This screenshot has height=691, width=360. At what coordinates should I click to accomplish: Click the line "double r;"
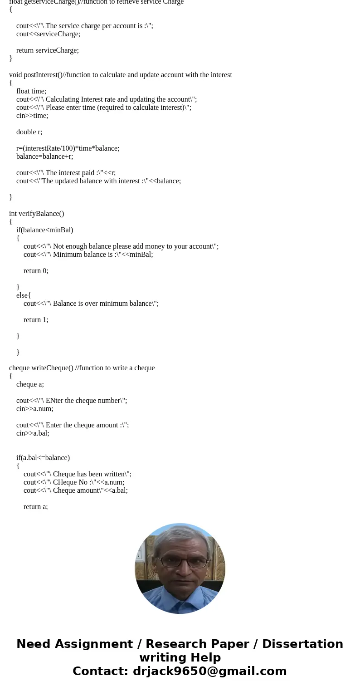pos(29,132)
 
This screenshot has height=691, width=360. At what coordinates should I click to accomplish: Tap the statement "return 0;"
pos(36,271)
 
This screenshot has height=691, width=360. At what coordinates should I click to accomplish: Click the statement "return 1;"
pos(36,320)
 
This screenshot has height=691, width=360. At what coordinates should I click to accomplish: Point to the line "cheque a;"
pos(30,384)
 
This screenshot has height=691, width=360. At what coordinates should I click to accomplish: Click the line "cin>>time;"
pos(32,116)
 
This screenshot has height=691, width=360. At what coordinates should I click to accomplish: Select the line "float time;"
pos(31,91)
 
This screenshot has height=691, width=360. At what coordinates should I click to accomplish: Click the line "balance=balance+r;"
pos(44,157)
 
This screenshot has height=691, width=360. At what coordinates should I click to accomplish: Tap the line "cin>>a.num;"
pos(34,409)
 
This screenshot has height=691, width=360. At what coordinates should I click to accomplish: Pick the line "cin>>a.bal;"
pos(33,433)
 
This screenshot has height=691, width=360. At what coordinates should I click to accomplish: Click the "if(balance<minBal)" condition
pos(44,230)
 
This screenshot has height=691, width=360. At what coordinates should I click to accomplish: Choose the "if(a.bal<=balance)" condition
pos(43,458)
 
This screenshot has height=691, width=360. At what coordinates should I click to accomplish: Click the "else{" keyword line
pos(24,295)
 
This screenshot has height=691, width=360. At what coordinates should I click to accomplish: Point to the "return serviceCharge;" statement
pos(48,50)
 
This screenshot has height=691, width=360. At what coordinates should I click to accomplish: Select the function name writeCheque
pos(50,368)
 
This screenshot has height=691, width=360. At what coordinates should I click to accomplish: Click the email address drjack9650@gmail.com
pos(209,671)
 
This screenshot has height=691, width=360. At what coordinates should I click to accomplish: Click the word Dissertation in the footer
pos(302,644)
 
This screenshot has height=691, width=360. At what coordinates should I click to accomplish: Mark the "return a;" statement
pos(35,507)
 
